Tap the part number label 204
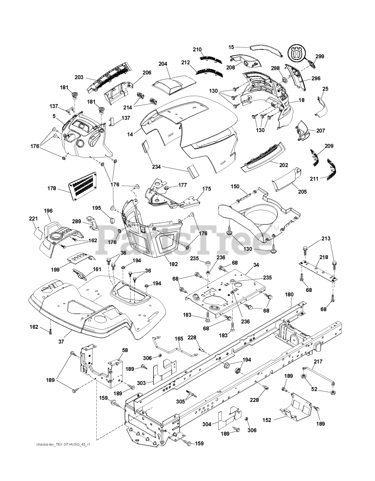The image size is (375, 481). [x=163, y=64]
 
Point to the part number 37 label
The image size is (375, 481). [x=61, y=342]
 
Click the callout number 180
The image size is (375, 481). [x=289, y=295]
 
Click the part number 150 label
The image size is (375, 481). [x=235, y=186]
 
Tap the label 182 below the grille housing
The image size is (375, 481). [x=174, y=264]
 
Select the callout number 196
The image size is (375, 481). [x=48, y=211]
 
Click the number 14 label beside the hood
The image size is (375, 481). [x=130, y=134]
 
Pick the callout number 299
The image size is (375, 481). [x=320, y=56]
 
